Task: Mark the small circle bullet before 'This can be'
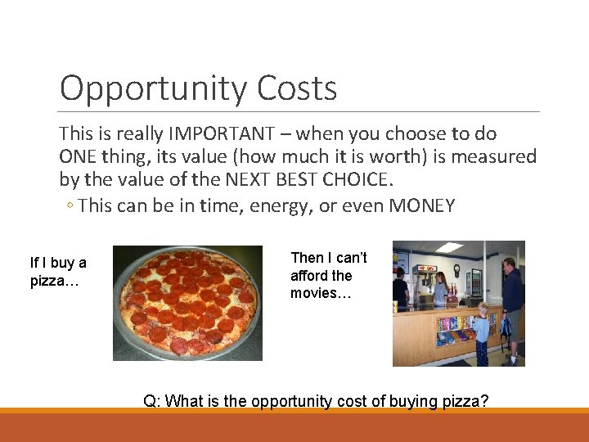click(71, 206)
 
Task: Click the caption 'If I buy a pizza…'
click(57, 272)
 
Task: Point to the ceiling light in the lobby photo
click(449, 246)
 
